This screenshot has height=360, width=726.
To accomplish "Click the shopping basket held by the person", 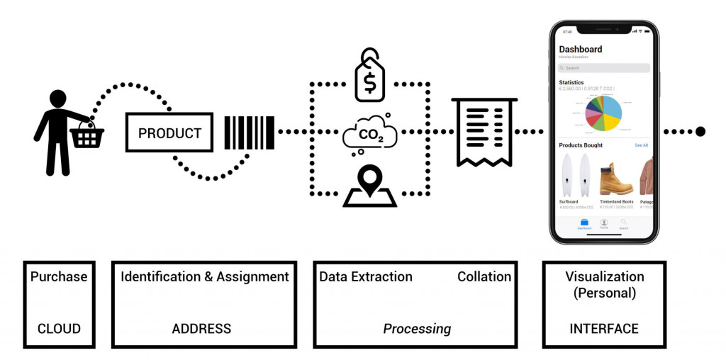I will click(x=87, y=136).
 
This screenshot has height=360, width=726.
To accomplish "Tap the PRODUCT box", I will click(x=169, y=133).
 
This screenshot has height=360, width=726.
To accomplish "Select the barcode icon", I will click(x=249, y=133).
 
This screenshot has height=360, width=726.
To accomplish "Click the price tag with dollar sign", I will click(x=369, y=77).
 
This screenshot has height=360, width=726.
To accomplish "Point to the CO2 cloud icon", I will click(x=369, y=134).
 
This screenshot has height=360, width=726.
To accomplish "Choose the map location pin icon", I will click(x=369, y=186).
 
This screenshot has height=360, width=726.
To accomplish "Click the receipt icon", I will click(x=483, y=132).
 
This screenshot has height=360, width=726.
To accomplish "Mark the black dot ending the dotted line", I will click(x=700, y=131).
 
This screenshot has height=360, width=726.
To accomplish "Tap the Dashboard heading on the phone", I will click(x=581, y=49).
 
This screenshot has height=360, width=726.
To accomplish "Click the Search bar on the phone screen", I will click(x=604, y=68).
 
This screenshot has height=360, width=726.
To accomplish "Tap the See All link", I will click(x=641, y=145).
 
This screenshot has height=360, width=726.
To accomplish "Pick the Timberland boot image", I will click(x=615, y=179).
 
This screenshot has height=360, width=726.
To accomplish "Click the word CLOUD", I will click(x=59, y=329).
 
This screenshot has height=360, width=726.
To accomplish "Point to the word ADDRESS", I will click(x=201, y=329).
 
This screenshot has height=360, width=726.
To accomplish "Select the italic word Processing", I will click(x=417, y=329).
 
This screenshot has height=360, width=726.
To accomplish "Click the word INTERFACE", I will click(x=604, y=329).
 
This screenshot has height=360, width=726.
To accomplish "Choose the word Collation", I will click(x=484, y=277).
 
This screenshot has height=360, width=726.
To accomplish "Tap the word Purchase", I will click(x=59, y=277).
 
